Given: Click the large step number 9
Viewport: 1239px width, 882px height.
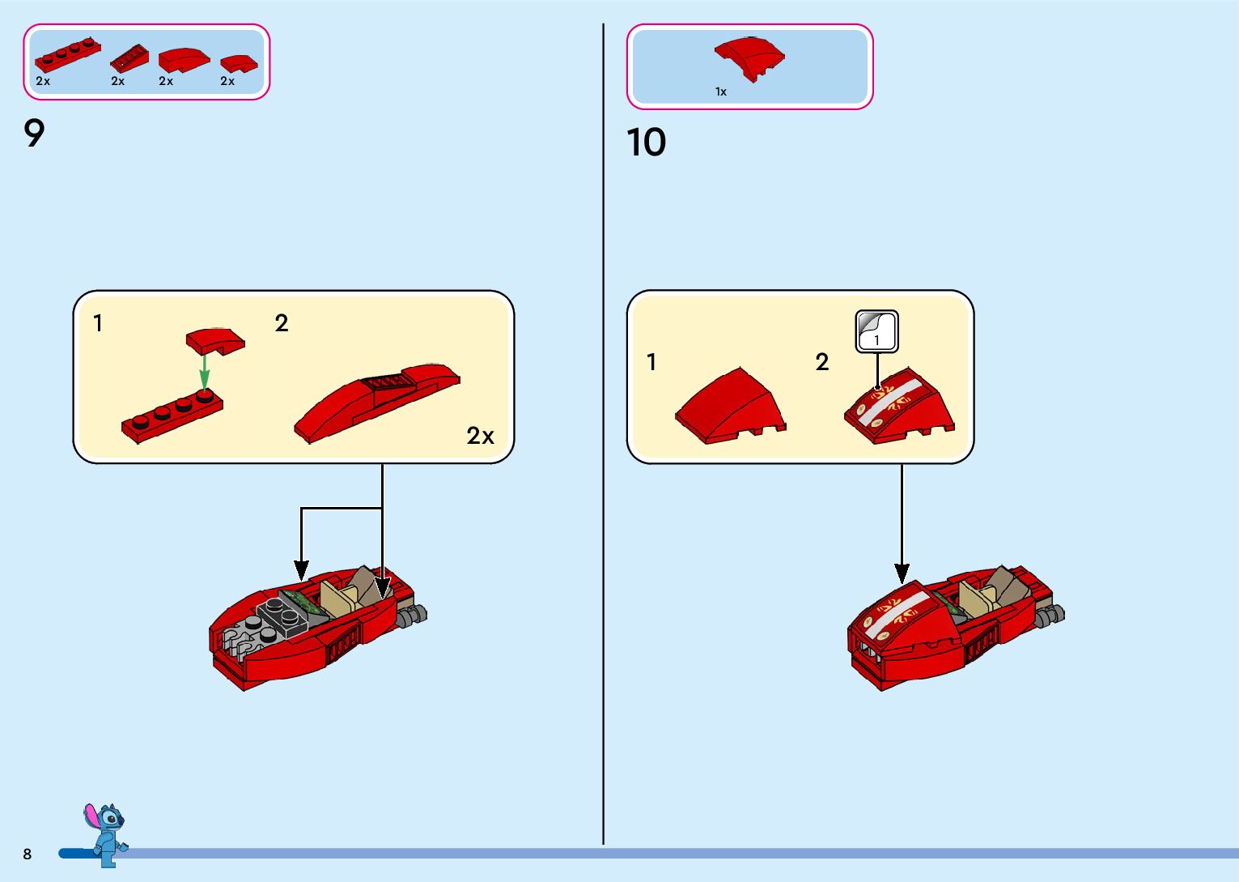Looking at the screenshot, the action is click(x=34, y=134).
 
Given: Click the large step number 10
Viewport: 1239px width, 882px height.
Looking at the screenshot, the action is click(x=646, y=143).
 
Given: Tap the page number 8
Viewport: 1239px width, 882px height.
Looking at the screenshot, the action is click(x=28, y=854).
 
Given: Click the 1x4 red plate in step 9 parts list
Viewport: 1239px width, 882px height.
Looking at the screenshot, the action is click(x=67, y=56).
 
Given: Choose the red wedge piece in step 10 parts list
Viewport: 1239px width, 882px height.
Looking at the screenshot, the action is click(x=749, y=58).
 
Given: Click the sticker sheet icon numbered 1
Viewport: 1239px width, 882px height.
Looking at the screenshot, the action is click(x=877, y=331).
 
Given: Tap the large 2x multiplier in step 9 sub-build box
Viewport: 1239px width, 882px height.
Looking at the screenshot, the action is click(x=480, y=436).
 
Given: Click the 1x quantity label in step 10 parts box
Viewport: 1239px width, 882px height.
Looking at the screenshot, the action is click(x=720, y=92).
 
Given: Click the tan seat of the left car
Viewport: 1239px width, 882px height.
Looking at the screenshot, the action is click(x=340, y=599).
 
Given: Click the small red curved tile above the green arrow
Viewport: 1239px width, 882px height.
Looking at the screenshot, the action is click(x=215, y=341).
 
